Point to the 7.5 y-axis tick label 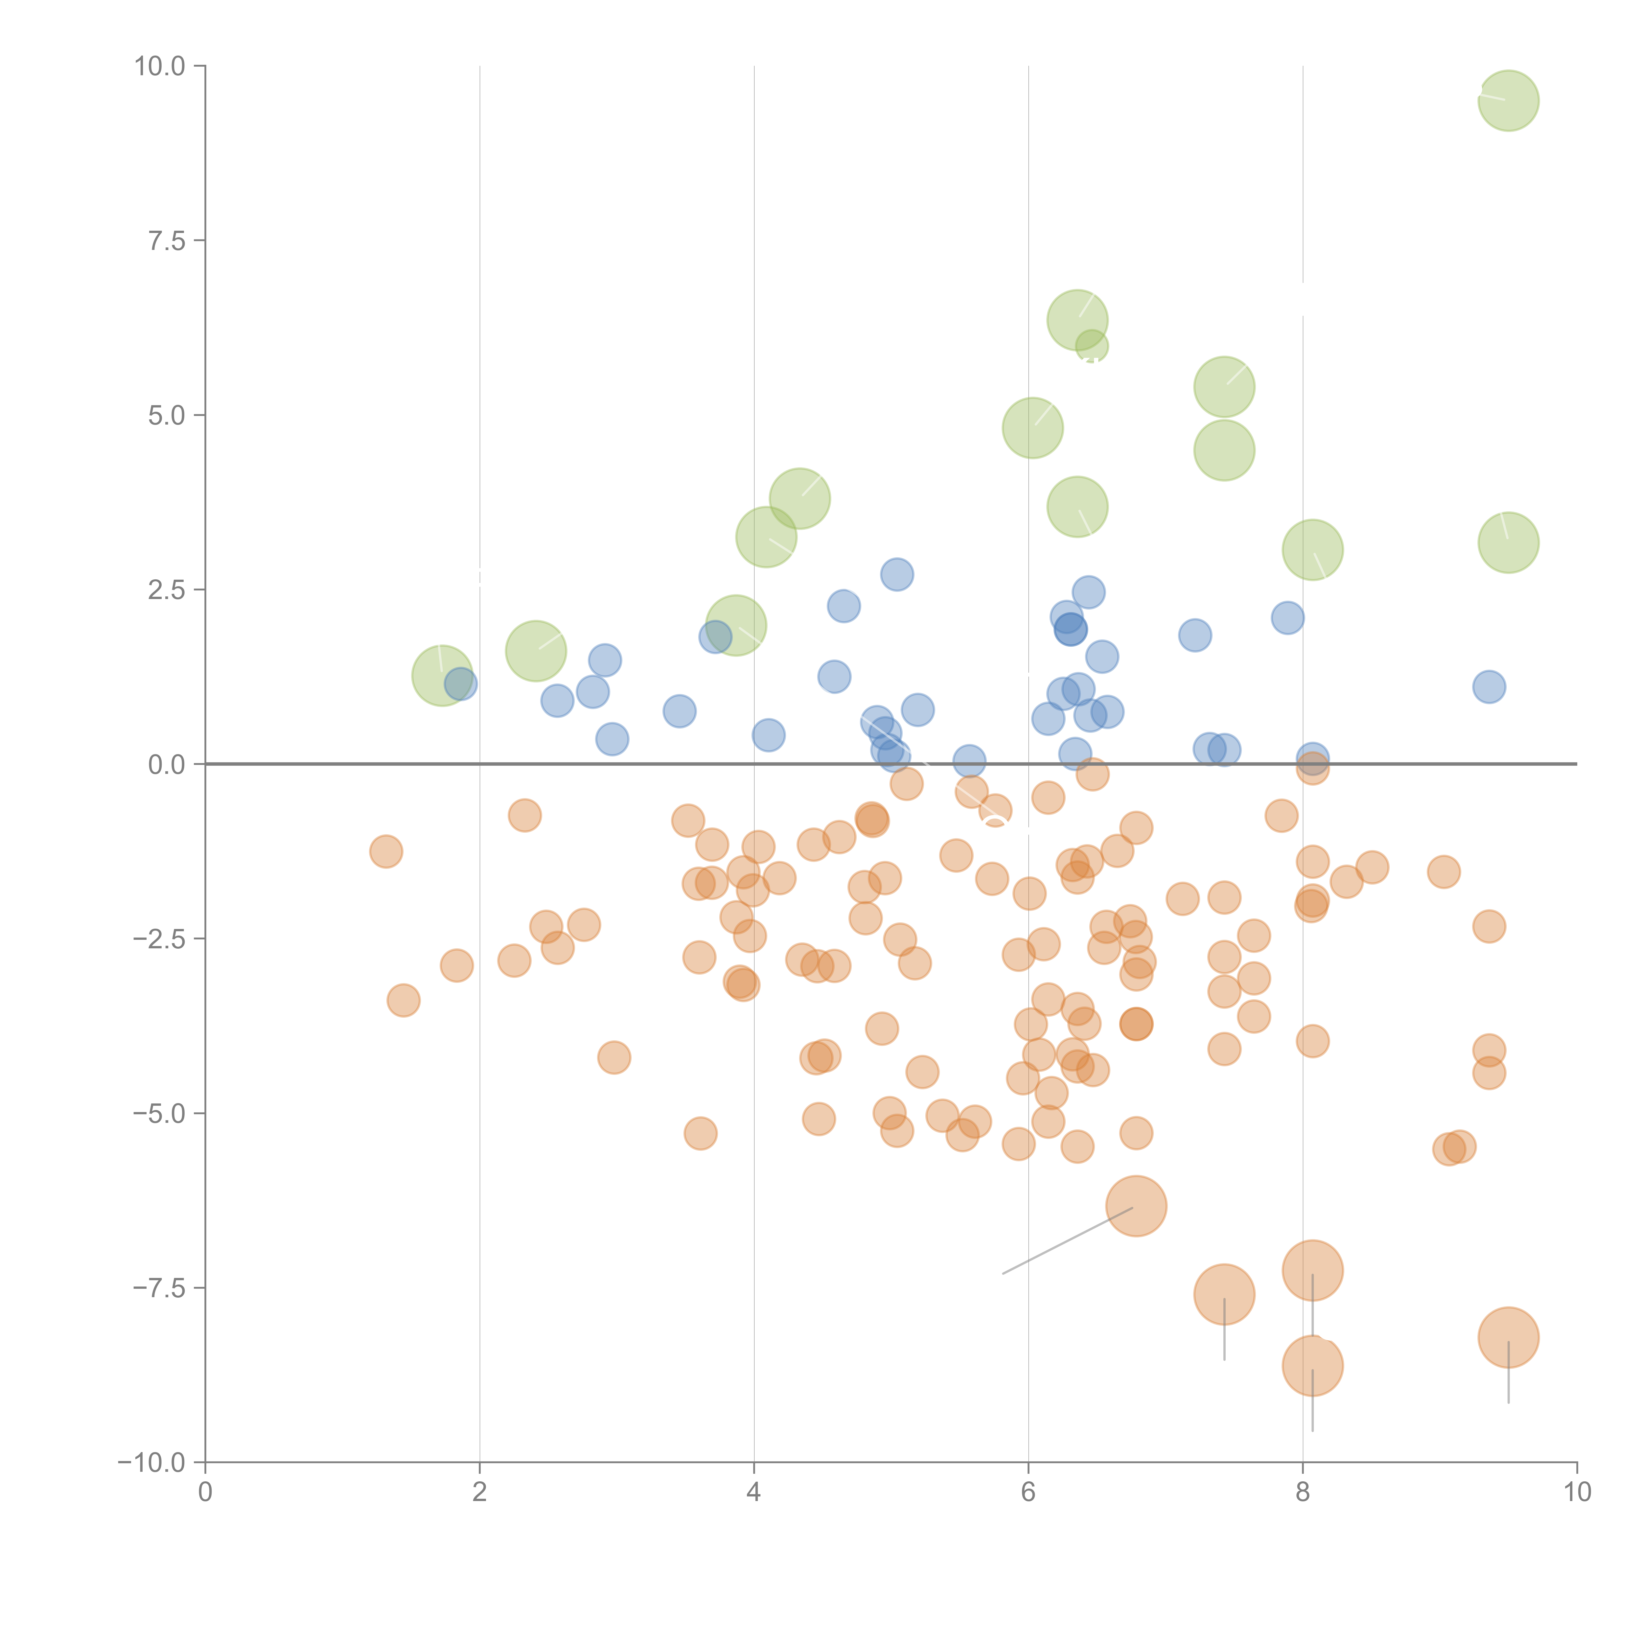167,241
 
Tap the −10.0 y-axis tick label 151,1463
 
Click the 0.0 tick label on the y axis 167,765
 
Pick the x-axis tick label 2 480,1493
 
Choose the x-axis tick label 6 1028,1493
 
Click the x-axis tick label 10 1577,1493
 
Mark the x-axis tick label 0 205,1493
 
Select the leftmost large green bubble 442,675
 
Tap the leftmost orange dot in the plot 386,851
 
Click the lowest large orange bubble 1312,1366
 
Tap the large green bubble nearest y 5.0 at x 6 1032,428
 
